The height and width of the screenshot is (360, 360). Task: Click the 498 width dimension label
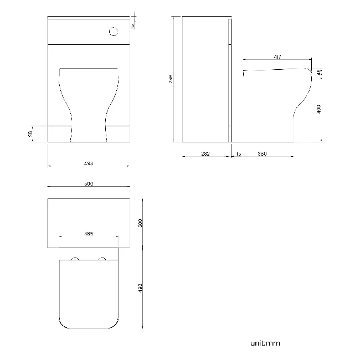89,163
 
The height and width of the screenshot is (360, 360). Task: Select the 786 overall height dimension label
171,79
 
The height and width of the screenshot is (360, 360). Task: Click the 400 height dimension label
318,109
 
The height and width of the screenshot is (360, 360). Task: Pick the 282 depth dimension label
205,154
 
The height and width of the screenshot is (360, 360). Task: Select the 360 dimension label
262,154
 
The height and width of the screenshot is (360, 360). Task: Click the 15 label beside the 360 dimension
239,154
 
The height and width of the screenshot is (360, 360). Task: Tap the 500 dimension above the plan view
89,183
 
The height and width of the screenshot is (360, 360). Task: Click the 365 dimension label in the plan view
89,234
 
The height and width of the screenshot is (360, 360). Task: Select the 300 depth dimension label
140,223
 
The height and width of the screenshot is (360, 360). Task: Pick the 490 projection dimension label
140,289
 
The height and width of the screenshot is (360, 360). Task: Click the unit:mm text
265,343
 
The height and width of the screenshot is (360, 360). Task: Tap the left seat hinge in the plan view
75,259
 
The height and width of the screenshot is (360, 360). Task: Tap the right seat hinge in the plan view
102,259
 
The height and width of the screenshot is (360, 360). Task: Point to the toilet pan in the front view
89,105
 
